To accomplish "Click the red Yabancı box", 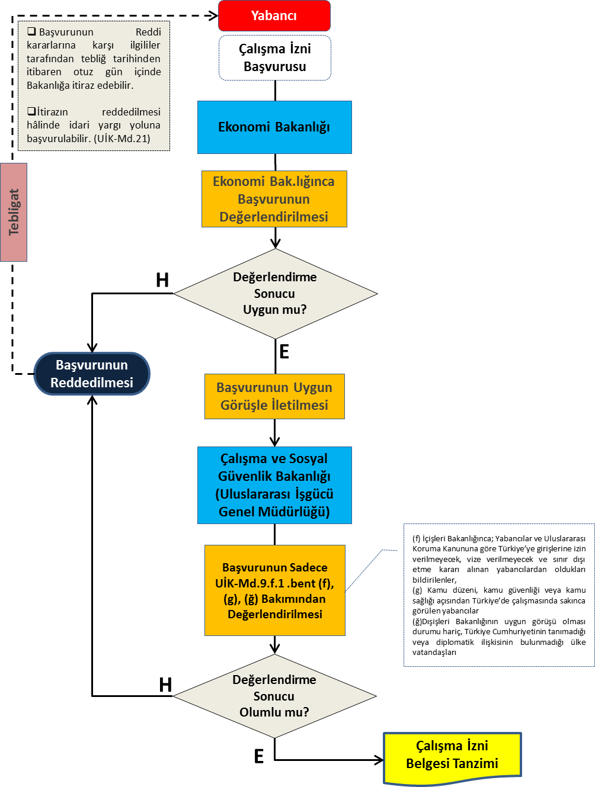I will click(x=274, y=16).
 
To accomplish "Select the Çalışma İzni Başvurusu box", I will click(x=274, y=57).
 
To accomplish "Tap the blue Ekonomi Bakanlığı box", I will click(x=274, y=127).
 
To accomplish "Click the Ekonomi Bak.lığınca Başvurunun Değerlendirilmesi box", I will click(x=274, y=199).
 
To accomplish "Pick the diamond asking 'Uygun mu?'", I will click(x=275, y=294).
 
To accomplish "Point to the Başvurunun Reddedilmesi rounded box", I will click(x=92, y=374).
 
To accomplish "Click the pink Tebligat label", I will click(x=14, y=212).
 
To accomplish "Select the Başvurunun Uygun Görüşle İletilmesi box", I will click(x=274, y=396).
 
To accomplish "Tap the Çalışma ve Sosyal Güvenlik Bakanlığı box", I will click(x=274, y=485).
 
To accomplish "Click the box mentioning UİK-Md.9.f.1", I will click(x=274, y=590).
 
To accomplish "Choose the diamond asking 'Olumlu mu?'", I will click(x=274, y=696).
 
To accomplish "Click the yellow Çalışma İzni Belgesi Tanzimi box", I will click(x=452, y=755).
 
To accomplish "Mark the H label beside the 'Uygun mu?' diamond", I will click(x=162, y=280).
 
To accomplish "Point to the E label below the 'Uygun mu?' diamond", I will click(x=284, y=352).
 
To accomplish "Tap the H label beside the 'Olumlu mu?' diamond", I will click(x=165, y=685).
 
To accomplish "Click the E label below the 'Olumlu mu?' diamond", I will click(x=259, y=756).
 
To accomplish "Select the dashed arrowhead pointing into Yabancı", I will click(x=214, y=16).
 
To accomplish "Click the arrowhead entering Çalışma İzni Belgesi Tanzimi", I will click(x=379, y=760).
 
